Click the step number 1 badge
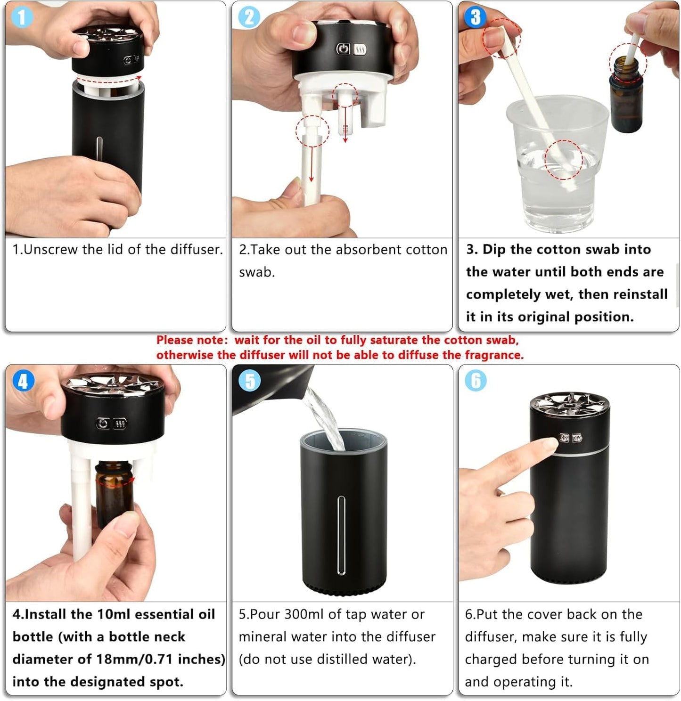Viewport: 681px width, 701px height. click(21, 17)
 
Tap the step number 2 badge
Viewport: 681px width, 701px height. click(248, 17)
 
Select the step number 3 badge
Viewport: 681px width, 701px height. click(475, 17)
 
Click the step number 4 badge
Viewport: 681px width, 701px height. click(23, 381)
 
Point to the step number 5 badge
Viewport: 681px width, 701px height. click(250, 381)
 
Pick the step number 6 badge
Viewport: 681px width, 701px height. click(476, 381)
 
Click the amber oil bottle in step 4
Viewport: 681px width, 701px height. click(114, 495)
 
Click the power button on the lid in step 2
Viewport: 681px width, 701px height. click(344, 49)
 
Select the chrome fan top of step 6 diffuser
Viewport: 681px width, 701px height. click(569, 404)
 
